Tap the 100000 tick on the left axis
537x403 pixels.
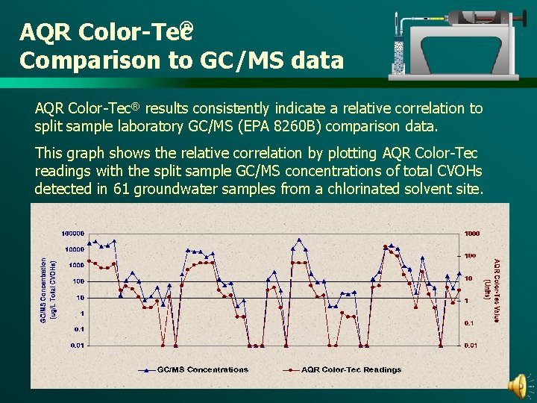(72, 234)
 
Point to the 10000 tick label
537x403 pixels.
(74, 249)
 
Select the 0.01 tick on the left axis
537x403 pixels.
(77, 345)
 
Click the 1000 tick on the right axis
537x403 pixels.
(472, 234)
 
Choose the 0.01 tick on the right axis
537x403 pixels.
(470, 345)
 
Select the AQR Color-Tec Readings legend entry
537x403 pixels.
(351, 369)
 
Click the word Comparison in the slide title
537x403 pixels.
(84, 60)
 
